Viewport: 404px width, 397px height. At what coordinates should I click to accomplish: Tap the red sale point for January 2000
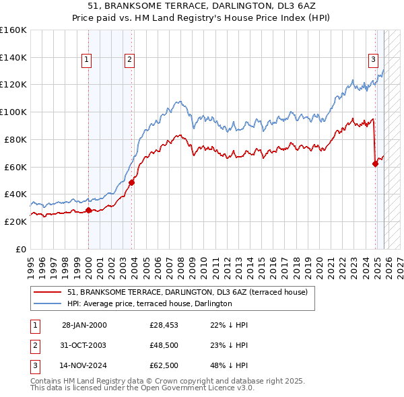pos(88,210)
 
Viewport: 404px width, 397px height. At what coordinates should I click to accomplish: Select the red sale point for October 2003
pos(132,182)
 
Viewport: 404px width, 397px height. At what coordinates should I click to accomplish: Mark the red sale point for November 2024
pos(375,163)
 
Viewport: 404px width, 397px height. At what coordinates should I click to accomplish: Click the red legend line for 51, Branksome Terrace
pos(48,292)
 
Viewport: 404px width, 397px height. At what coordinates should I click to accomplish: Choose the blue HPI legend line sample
pos(48,303)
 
